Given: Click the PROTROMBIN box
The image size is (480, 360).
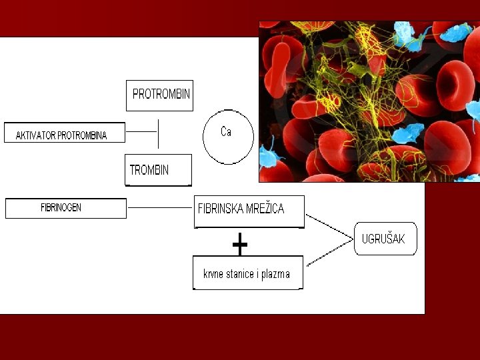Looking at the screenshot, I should (x=160, y=95).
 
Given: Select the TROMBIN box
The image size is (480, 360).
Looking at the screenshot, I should (x=158, y=170).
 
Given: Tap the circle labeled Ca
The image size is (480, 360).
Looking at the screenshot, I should (x=228, y=137).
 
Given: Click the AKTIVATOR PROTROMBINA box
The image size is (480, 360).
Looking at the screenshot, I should (x=65, y=133).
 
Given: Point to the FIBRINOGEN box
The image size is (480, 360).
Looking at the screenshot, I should (x=65, y=208).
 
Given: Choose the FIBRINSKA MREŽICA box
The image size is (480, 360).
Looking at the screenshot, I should (x=249, y=211).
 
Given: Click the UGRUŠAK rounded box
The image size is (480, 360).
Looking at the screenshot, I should (x=385, y=239).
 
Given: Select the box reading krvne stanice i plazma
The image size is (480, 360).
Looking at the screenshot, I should (x=247, y=273).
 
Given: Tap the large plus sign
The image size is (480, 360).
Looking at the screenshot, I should (x=240, y=245).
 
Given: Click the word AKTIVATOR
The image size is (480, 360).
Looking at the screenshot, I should (x=35, y=136).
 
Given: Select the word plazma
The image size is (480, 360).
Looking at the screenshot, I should (x=277, y=274).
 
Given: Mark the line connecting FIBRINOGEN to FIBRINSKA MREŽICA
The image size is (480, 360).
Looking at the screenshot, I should (x=160, y=208).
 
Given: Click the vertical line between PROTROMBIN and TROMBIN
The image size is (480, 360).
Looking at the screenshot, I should (x=158, y=133).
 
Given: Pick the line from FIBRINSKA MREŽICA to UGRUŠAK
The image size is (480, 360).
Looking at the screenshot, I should (x=329, y=227).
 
